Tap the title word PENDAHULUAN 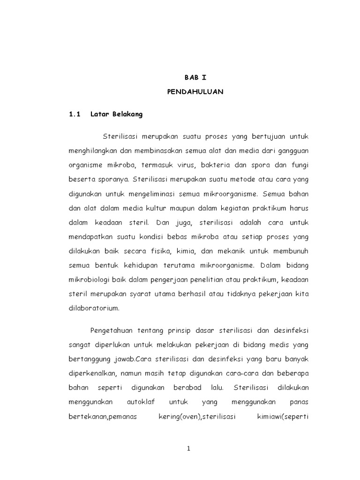195,92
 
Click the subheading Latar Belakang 120,114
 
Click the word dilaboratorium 94,309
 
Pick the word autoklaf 141,403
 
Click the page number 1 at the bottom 188,449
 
